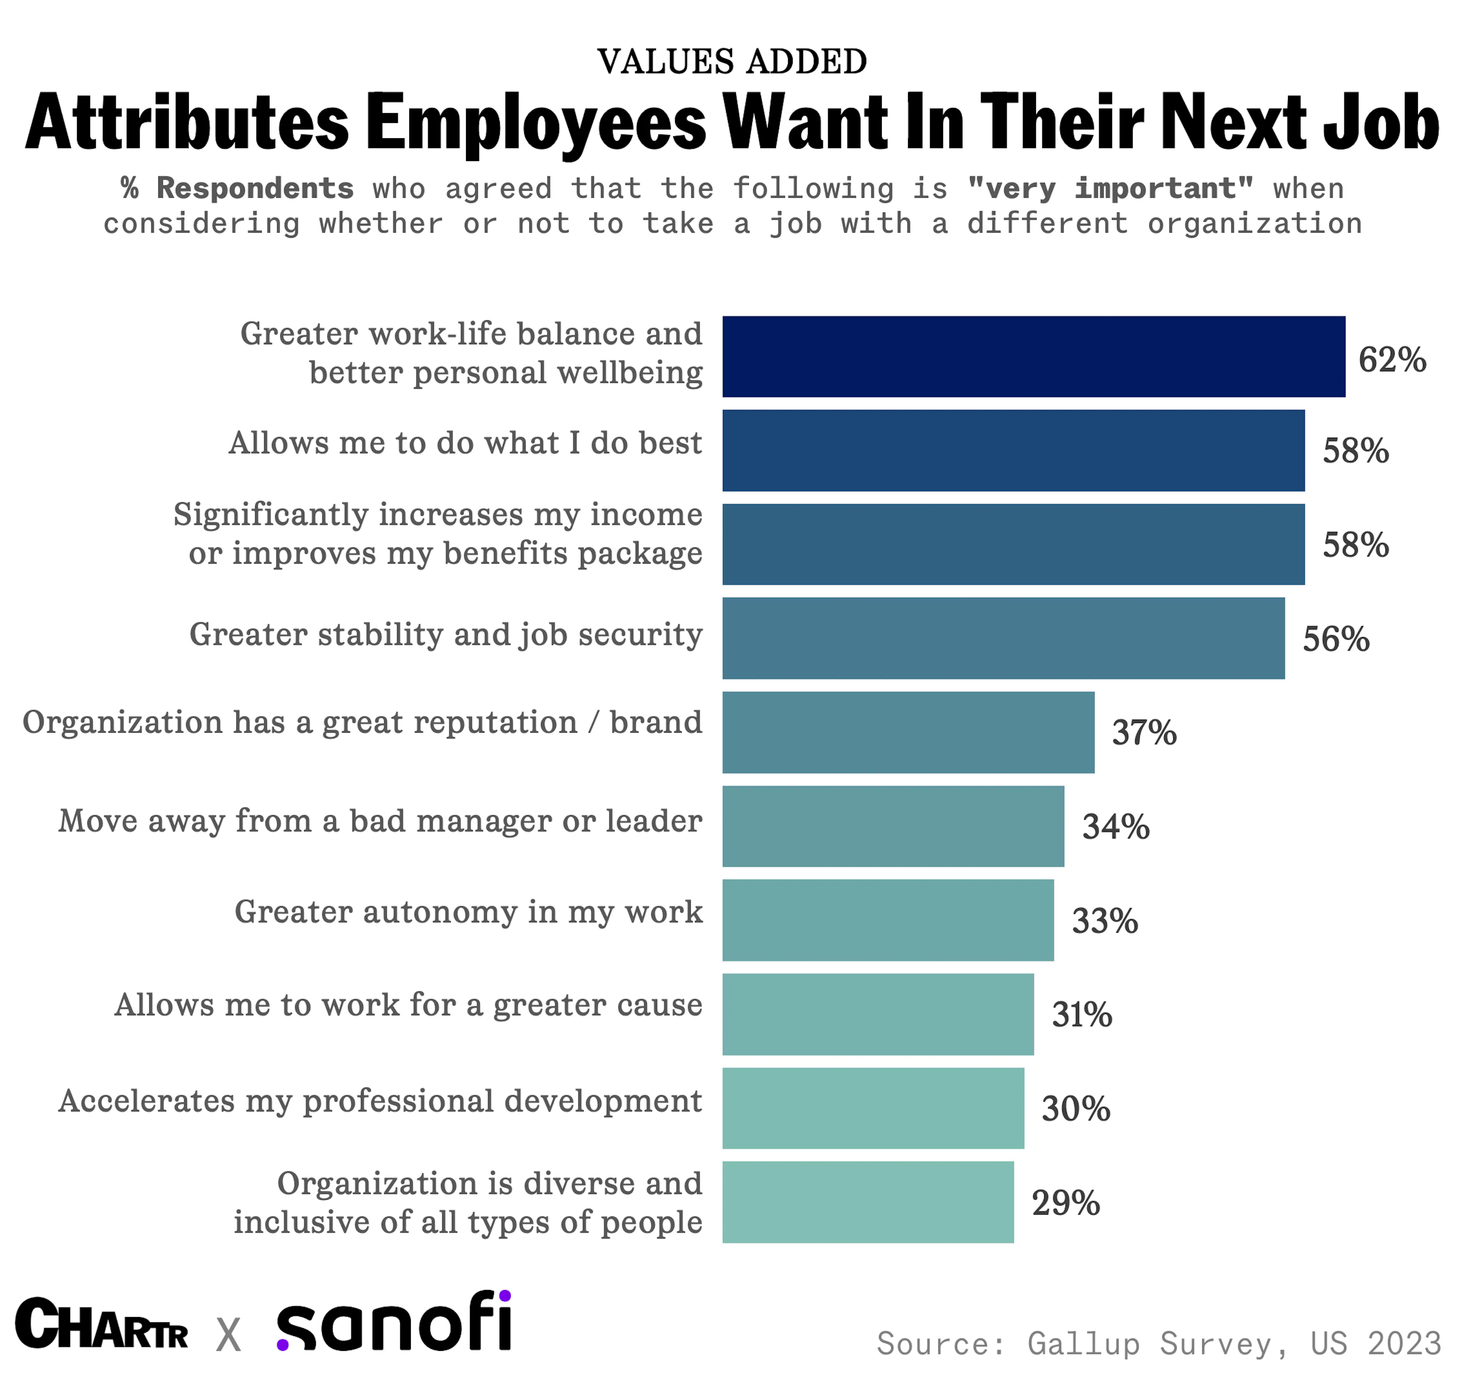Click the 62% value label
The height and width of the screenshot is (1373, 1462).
1392,359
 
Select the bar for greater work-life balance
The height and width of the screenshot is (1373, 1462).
1033,357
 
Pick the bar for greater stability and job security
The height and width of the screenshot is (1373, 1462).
1003,638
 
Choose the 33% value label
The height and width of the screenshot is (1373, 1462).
1104,921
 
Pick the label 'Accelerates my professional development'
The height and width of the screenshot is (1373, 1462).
380,1101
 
